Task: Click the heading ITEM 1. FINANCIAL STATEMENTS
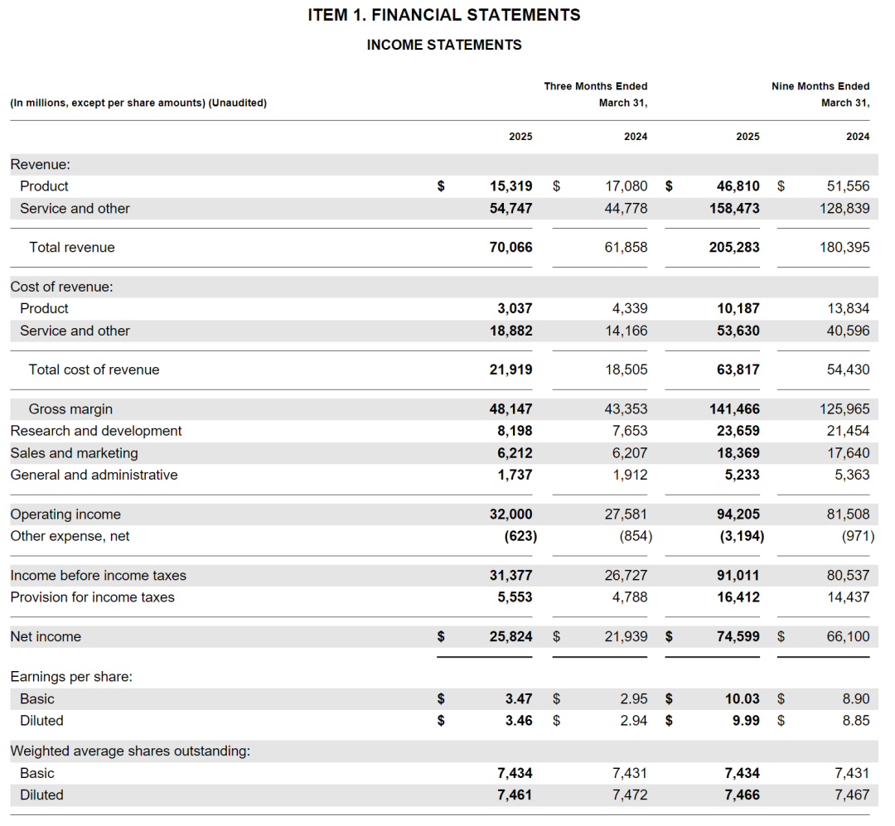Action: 444,15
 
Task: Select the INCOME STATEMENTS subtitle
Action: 444,45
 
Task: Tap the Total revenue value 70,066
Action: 510,247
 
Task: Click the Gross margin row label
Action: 70,409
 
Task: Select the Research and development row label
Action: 96,431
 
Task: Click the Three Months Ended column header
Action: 595,86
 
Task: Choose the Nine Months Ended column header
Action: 820,86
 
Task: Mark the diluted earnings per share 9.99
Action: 746,721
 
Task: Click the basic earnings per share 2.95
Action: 634,699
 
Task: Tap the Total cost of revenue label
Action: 94,370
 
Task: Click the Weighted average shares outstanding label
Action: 130,751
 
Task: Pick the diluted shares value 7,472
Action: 630,795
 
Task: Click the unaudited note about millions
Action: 138,103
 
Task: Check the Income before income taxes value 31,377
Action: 510,576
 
